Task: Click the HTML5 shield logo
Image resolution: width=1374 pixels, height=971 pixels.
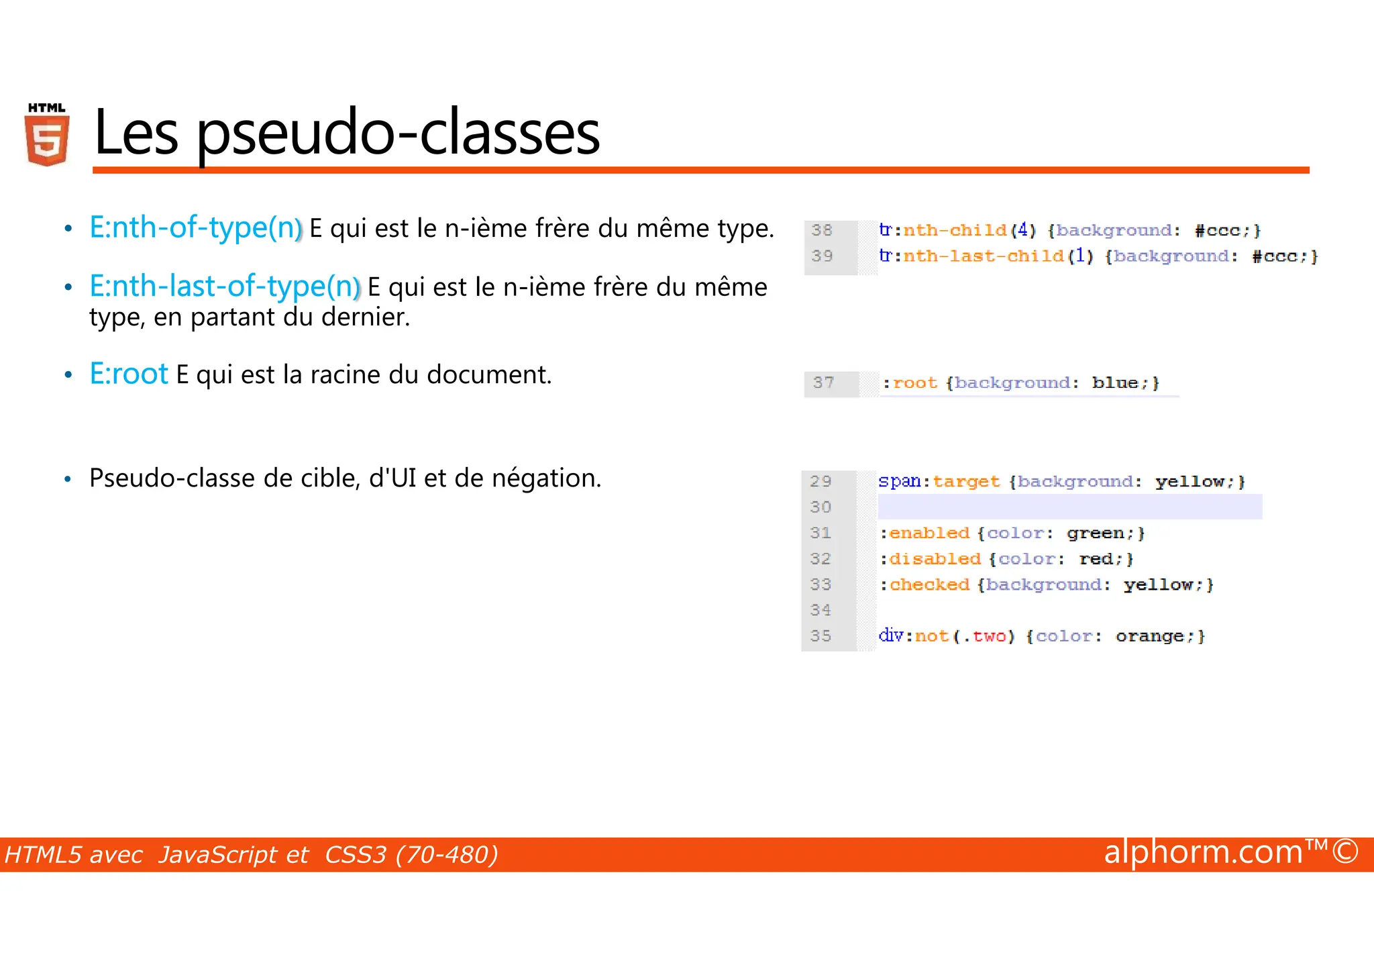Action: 47,135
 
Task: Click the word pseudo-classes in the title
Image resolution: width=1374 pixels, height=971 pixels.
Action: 398,133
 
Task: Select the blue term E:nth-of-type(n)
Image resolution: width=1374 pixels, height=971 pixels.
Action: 196,227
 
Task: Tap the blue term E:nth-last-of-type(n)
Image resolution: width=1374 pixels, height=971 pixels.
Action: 225,287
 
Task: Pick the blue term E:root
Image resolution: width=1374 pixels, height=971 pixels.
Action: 129,374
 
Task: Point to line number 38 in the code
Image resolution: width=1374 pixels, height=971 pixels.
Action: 822,230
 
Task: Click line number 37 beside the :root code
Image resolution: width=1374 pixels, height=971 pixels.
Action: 823,382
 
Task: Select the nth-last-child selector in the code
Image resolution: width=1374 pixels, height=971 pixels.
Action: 983,256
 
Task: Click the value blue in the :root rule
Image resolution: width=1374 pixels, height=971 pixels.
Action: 1114,383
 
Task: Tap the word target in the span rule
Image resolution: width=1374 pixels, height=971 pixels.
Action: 966,482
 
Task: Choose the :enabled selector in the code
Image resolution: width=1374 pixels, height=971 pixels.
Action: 925,533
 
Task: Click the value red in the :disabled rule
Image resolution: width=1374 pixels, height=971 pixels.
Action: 1096,559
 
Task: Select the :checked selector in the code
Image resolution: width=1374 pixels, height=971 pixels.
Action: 925,585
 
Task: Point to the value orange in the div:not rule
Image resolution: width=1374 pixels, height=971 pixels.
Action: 1149,636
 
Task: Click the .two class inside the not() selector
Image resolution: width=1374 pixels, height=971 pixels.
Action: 985,636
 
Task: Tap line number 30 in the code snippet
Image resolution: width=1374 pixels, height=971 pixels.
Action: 821,507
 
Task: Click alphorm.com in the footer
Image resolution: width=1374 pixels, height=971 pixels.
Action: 1203,852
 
